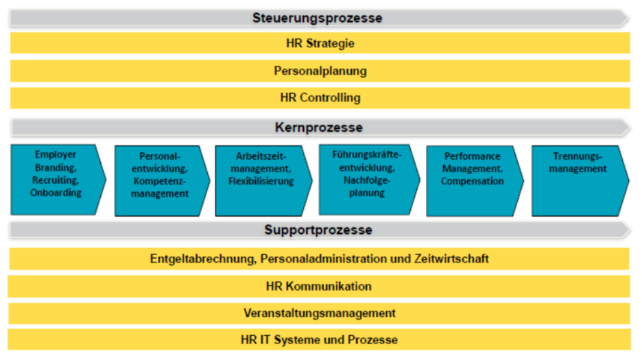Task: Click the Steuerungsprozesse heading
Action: [317, 18]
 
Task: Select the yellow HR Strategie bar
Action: [320, 43]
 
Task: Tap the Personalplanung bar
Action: [320, 71]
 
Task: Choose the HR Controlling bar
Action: [320, 97]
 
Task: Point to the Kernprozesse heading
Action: [318, 128]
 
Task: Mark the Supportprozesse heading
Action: [318, 230]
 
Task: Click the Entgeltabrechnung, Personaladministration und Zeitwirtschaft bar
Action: [320, 259]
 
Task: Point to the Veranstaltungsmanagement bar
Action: [320, 313]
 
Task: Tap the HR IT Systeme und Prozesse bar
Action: [320, 339]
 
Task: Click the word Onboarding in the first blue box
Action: [56, 193]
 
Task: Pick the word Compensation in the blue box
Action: [473, 182]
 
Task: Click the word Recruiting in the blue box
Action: [56, 180]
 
